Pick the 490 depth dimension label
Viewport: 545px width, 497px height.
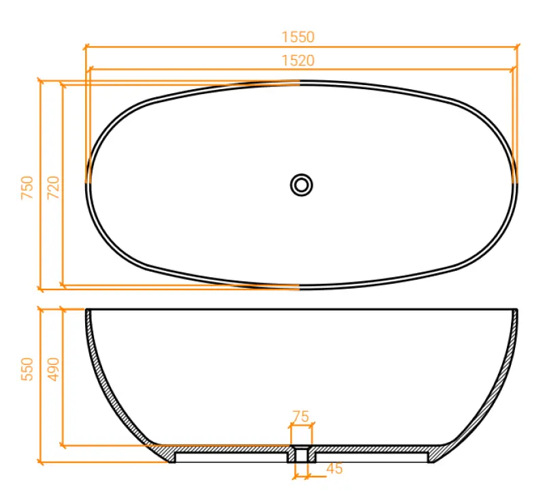click(x=52, y=370)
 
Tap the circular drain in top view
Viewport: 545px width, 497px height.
click(x=301, y=185)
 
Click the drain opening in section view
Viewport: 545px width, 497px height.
click(x=301, y=454)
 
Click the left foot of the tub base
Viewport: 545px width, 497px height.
click(x=172, y=458)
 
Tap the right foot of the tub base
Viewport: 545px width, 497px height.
click(x=431, y=458)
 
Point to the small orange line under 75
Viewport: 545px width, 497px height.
click(x=301, y=426)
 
